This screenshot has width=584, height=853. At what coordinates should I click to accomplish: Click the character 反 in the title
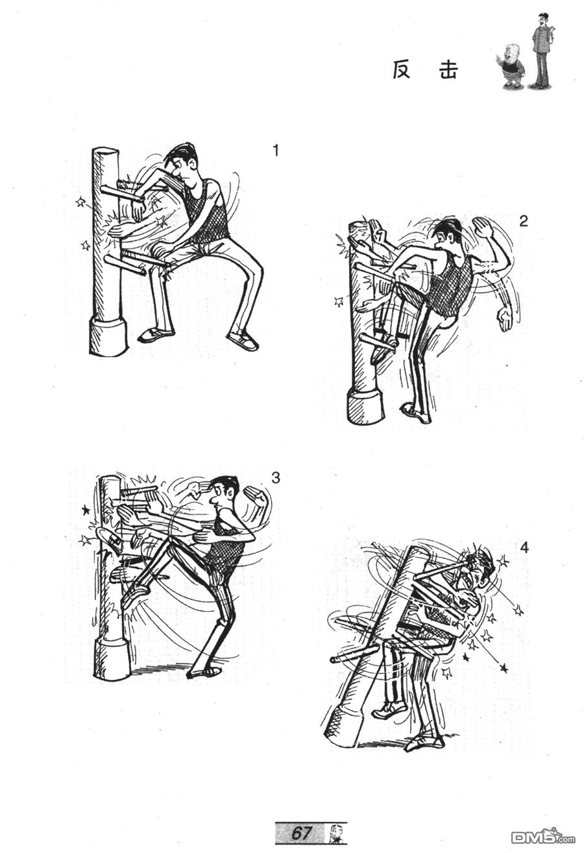click(402, 69)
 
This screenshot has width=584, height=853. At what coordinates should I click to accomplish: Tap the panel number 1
click(276, 151)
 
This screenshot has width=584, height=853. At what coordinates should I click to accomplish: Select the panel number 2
click(524, 221)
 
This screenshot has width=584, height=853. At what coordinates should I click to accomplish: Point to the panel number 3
click(275, 477)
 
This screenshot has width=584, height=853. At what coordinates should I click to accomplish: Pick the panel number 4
click(524, 548)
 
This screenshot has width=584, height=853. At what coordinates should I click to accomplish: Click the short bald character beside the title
click(511, 67)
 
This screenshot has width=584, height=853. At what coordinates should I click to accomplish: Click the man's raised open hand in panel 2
click(481, 228)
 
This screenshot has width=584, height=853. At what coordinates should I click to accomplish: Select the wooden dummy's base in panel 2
click(365, 407)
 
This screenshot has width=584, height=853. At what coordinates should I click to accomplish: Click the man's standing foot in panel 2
click(415, 414)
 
